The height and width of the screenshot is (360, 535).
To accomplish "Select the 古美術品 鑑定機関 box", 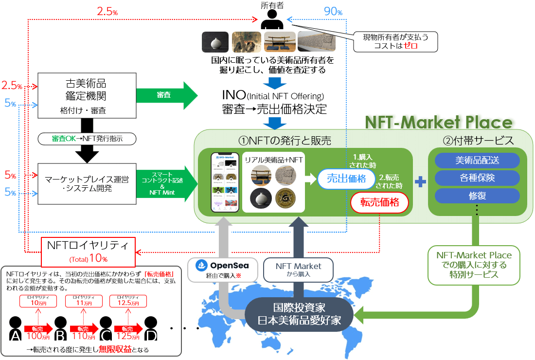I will coord(86,95).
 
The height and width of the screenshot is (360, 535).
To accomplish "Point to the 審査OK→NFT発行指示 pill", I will coord(86,139).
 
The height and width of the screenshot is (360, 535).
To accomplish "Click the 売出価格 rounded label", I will coord(345,179).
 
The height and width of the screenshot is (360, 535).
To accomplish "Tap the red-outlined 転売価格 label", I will coord(380,202).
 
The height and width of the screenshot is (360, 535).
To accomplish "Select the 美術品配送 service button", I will coord(477,161).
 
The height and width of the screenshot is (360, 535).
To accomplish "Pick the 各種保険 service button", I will coord(477,178).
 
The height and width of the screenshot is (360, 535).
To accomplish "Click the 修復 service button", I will coord(477,196).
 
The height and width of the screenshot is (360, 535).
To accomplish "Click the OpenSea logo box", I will coord(222,269).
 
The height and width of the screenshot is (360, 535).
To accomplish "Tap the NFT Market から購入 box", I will coord(298,269).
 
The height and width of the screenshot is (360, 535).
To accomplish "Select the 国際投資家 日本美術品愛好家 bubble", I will coord(299,314).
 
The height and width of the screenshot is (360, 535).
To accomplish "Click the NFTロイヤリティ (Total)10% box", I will coord(88,251).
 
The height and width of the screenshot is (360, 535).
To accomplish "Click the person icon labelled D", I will coord(151,329).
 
